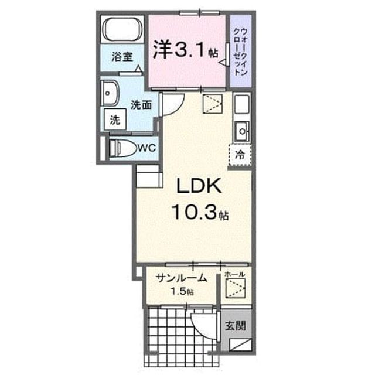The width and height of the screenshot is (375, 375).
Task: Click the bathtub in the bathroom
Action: click(122, 29)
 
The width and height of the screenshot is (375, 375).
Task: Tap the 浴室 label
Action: click(122, 57)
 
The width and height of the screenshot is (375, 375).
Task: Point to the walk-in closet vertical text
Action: click(241, 52)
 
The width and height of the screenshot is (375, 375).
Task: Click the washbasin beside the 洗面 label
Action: click(110, 93)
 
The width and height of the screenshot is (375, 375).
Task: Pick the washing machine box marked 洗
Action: click(115, 120)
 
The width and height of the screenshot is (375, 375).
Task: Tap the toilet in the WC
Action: click(122, 148)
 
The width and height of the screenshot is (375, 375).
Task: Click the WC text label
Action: click(146, 148)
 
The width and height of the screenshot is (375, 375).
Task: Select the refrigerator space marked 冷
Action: click(240, 155)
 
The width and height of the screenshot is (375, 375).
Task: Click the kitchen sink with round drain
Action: click(242, 131)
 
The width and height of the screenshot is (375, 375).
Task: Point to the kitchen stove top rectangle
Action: click(242, 104)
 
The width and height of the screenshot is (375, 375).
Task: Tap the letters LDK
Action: click(199, 186)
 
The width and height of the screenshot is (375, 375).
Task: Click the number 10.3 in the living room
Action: click(194, 212)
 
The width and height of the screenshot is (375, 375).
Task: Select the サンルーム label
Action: click(181, 278)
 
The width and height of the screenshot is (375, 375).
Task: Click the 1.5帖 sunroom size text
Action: click(182, 292)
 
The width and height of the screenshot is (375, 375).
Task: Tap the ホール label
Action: click(234, 275)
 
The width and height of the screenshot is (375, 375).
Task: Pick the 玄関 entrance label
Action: click(236, 326)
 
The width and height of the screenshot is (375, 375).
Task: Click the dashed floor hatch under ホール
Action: click(236, 288)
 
